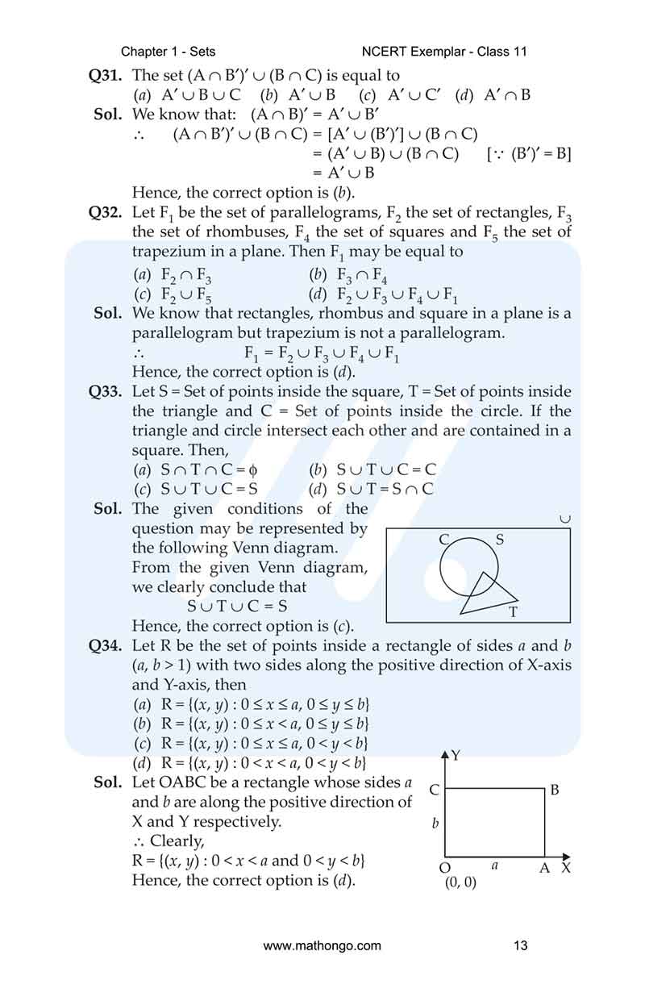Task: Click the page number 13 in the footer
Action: [x=521, y=945]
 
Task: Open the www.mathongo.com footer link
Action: [x=322, y=945]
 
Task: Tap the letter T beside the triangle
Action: [x=513, y=612]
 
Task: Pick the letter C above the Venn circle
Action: [x=444, y=539]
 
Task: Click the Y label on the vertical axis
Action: [x=456, y=755]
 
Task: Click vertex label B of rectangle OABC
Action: [x=555, y=791]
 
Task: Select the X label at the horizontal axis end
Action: [x=566, y=868]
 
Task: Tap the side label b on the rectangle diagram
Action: [x=435, y=824]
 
